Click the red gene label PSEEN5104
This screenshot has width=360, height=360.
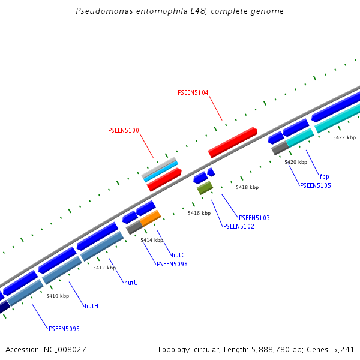tap(193, 92)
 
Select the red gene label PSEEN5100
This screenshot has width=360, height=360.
tap(123, 130)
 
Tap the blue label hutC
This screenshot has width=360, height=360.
tap(178, 255)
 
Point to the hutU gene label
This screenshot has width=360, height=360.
tap(131, 282)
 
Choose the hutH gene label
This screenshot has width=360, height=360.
tap(91, 306)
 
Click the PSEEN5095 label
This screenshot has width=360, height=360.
tap(64, 329)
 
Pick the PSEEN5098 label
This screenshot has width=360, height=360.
tap(172, 264)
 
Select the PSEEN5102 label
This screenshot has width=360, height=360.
tap(238, 226)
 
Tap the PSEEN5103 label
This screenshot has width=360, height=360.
tap(254, 218)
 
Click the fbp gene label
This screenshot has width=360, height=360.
tap(324, 176)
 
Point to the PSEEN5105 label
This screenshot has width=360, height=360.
tap(315, 185)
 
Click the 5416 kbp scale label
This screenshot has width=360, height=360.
tap(199, 213)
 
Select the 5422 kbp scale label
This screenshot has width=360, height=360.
tap(344, 137)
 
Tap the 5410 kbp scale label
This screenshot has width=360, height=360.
tap(58, 296)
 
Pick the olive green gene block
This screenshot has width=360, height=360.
tap(205, 188)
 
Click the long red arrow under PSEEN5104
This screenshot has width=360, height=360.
tap(233, 142)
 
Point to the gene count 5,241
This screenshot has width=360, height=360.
tap(343, 349)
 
